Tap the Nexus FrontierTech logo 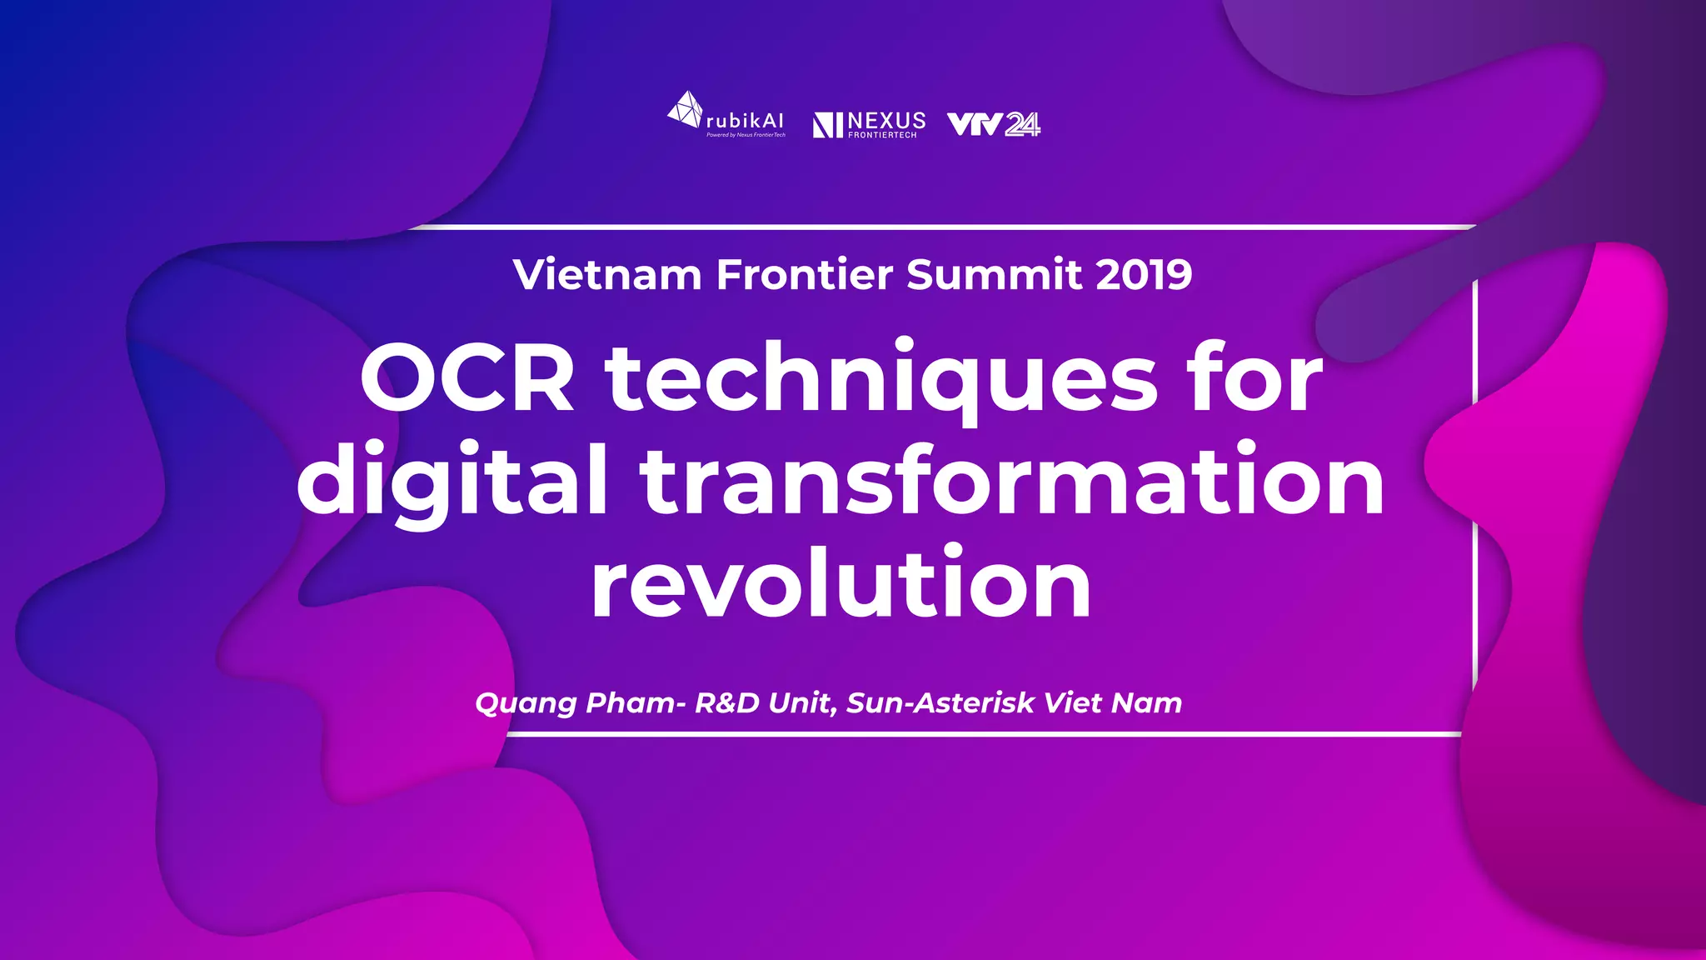[x=869, y=124]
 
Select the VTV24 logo [x=994, y=124]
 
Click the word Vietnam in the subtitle [x=607, y=275]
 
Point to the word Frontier [x=805, y=275]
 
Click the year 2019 [x=1144, y=275]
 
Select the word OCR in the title [x=467, y=379]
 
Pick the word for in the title [x=1257, y=379]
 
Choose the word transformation [x=1012, y=482]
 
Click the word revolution [x=841, y=584]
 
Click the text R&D [x=727, y=702]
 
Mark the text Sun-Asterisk [x=940, y=702]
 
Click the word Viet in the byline [x=1074, y=702]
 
